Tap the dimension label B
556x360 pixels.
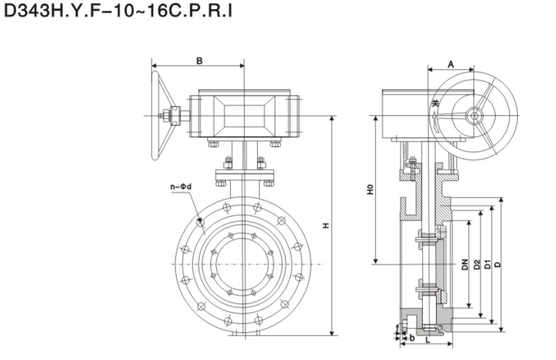(x=198, y=61)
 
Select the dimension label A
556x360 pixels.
(x=451, y=64)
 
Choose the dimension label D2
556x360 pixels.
(x=476, y=264)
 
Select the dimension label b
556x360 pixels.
(x=412, y=338)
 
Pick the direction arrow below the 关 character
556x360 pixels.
(x=435, y=123)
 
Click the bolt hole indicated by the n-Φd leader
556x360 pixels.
(x=200, y=223)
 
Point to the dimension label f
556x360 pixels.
(x=398, y=326)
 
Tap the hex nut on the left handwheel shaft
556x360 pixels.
(x=168, y=116)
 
